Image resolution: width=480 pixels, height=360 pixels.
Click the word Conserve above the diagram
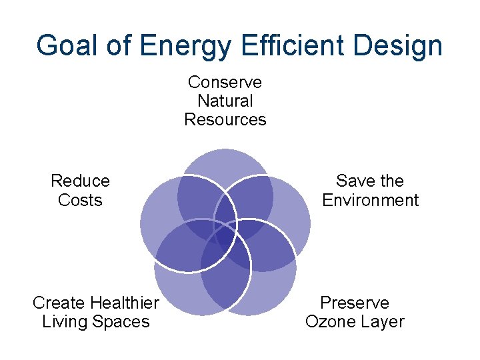coord(225,82)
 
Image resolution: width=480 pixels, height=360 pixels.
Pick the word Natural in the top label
coord(225,101)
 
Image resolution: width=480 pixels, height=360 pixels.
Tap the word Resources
coord(225,120)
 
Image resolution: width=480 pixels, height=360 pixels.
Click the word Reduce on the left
coord(80,181)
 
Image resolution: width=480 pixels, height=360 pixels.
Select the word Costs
coord(80,200)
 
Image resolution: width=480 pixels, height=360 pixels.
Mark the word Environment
coord(370,200)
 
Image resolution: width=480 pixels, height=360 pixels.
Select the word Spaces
coord(121,322)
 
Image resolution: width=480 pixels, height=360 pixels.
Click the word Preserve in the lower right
coord(355,303)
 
